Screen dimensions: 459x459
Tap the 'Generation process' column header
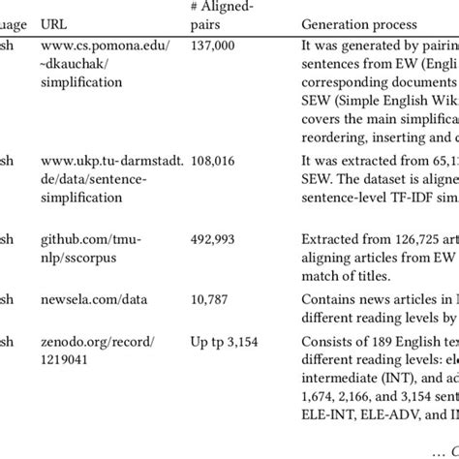(359, 22)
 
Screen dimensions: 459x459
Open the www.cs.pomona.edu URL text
(96, 46)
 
